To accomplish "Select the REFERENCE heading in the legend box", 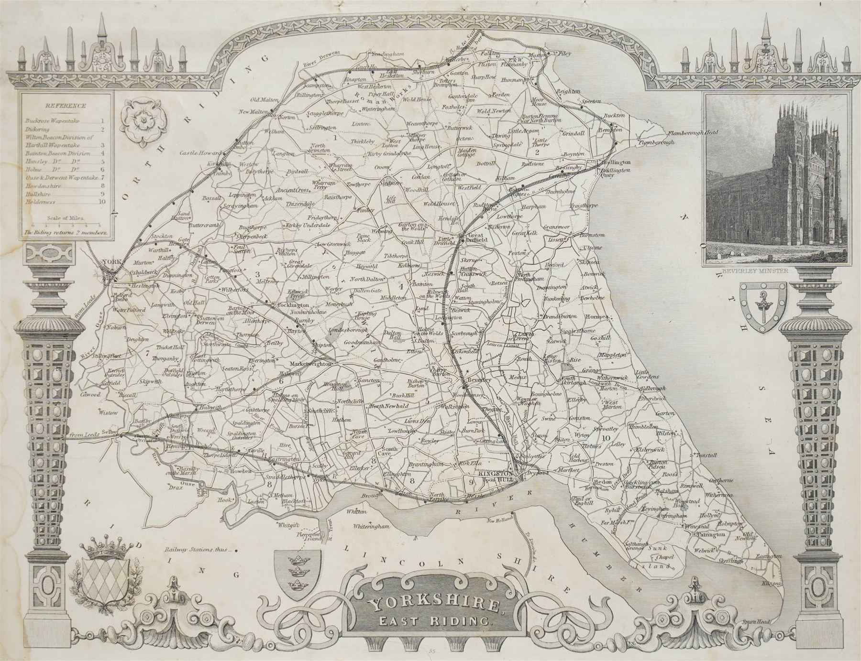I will click(66, 106).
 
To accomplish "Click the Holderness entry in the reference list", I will click(41, 201).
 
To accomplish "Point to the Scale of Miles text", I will click(65, 217).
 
